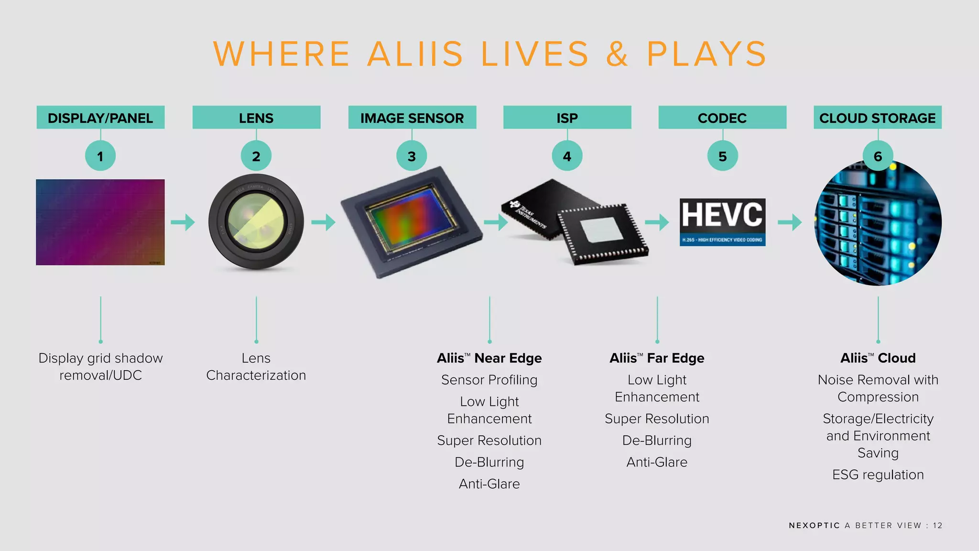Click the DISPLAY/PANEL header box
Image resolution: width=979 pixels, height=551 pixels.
[100, 118]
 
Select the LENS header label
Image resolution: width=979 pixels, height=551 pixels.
[256, 118]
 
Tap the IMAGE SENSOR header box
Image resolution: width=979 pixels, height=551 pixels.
[412, 118]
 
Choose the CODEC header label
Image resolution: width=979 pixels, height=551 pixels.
[722, 118]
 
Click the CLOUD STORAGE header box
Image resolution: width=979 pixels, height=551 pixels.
[878, 118]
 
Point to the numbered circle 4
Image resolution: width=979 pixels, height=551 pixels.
[567, 156]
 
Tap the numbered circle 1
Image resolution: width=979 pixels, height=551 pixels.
[100, 156]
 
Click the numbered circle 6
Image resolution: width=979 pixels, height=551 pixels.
[878, 156]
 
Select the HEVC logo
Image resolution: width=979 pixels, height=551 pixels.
[722, 222]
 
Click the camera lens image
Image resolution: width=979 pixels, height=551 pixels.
[256, 222]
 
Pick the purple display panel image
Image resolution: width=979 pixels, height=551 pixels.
[100, 222]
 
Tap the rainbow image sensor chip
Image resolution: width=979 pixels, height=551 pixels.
[411, 222]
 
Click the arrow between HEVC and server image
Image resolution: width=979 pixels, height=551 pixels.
[790, 222]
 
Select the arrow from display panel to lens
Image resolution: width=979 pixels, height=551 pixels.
[183, 222]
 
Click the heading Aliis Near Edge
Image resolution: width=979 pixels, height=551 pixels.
[489, 358]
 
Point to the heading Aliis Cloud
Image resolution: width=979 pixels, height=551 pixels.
[878, 358]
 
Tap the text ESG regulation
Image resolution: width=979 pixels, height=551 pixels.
[878, 474]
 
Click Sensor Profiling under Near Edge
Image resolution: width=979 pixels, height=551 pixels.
[489, 380]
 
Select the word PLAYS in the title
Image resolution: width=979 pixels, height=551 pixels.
[707, 54]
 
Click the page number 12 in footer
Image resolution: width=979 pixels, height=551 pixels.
[937, 525]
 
